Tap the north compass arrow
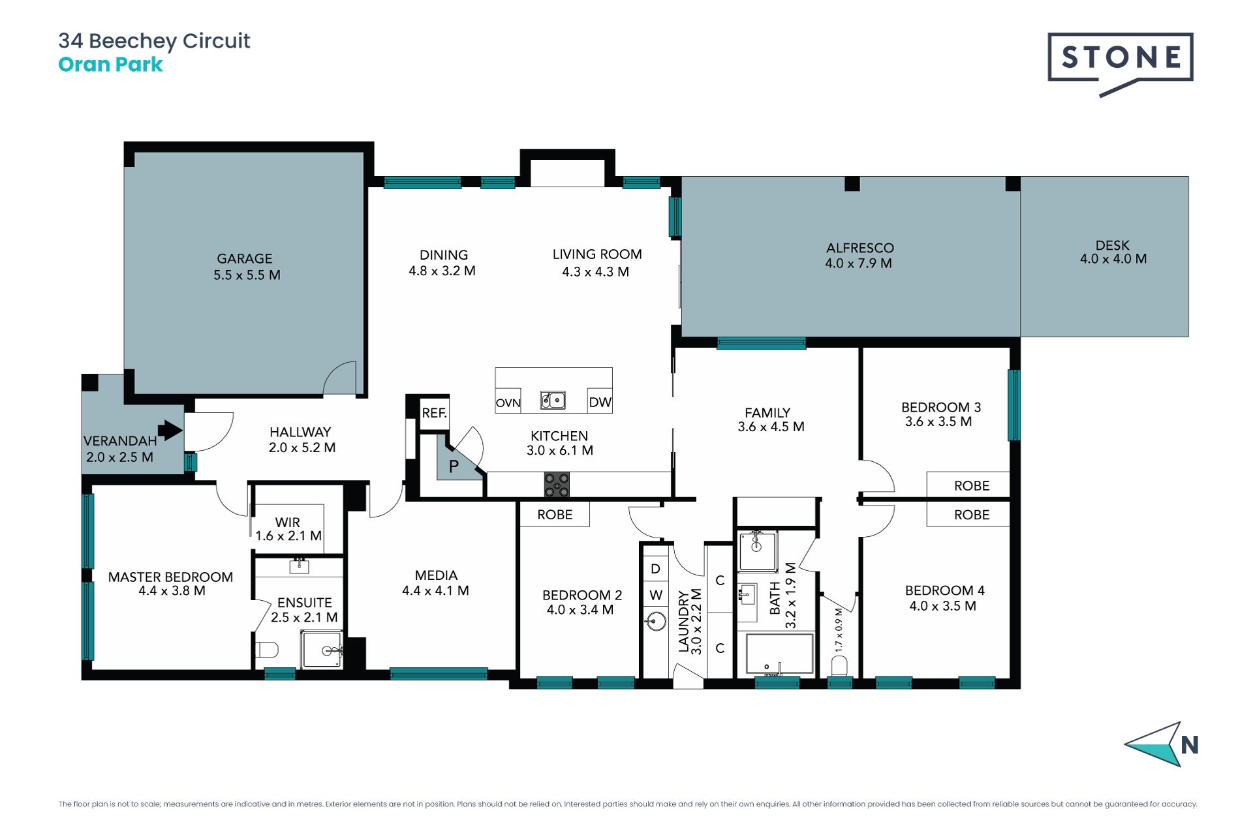tap(1154, 744)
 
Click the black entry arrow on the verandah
tap(170, 430)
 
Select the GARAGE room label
tap(245, 259)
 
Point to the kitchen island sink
tap(553, 400)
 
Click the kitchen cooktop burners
tap(557, 485)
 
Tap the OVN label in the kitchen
tap(508, 403)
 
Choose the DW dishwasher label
tap(600, 402)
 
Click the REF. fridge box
tap(434, 413)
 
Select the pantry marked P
tap(457, 463)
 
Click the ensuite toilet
tap(267, 650)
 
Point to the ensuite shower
tap(322, 649)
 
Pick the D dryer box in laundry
tap(656, 568)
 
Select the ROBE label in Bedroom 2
tap(555, 515)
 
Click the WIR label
tap(288, 523)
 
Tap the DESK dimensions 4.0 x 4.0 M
tap(1113, 259)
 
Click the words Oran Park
tap(110, 65)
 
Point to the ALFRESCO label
tap(860, 248)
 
